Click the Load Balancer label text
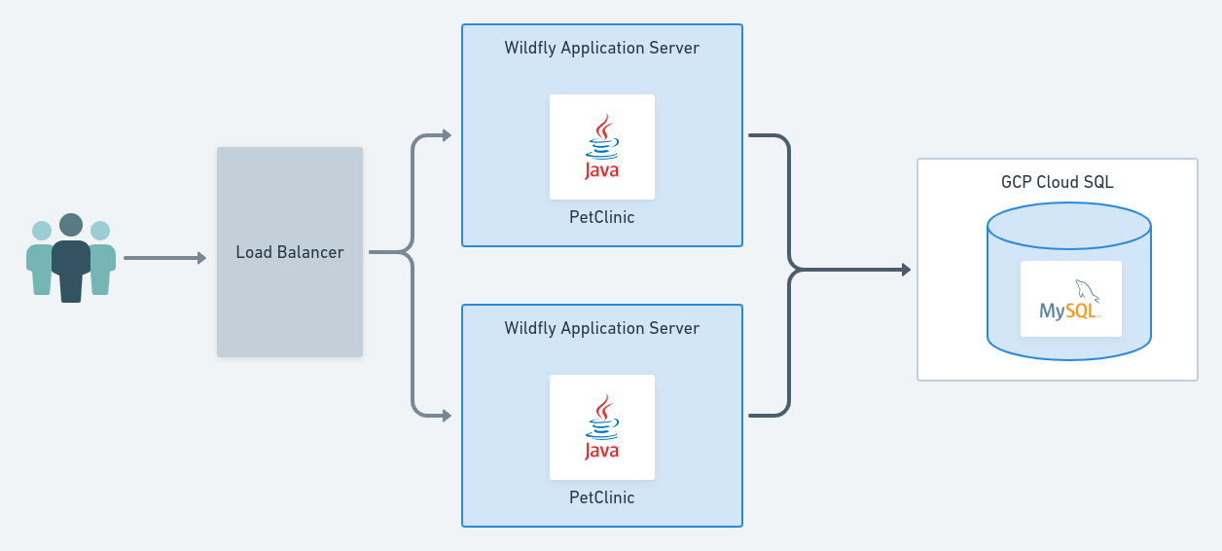click(290, 252)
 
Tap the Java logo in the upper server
click(602, 147)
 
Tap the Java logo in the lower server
click(602, 427)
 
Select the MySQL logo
click(1070, 300)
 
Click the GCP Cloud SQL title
click(1057, 182)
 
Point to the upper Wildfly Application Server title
click(601, 48)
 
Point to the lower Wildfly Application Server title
click(601, 328)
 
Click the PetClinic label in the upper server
click(601, 217)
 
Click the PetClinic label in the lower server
click(601, 497)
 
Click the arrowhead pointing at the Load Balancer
click(201, 258)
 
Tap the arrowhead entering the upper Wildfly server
click(447, 135)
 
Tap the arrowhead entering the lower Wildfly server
click(447, 416)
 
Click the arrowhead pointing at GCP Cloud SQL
click(906, 270)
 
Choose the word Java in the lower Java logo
click(602, 451)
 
